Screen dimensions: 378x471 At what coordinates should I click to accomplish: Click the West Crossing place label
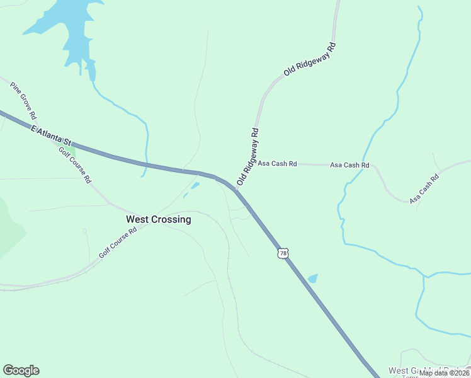[x=158, y=219]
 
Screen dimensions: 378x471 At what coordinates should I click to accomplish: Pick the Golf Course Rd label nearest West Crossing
[x=118, y=243]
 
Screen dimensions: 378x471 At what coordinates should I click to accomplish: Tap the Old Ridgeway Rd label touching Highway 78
[x=248, y=157]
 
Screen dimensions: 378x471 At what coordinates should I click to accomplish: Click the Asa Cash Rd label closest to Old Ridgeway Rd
[x=277, y=164]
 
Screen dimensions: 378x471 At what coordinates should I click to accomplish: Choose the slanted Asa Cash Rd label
[x=424, y=188]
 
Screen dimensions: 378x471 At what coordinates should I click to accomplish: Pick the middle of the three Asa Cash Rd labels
[x=349, y=165]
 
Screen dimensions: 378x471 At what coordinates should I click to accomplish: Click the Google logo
[x=21, y=370]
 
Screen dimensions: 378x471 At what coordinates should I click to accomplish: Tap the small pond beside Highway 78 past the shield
[x=313, y=278]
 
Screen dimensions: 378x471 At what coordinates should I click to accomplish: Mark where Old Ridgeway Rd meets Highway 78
[x=237, y=190]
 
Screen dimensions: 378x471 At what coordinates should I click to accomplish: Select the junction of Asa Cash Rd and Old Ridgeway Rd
[x=254, y=163]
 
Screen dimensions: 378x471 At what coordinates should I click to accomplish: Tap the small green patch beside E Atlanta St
[x=71, y=149]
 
